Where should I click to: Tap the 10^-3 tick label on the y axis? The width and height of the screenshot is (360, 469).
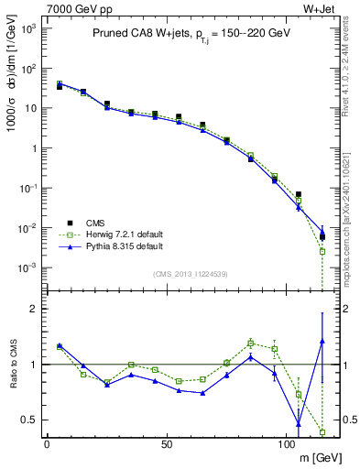pos(25,267)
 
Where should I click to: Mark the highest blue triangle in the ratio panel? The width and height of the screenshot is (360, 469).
pos(322,341)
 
